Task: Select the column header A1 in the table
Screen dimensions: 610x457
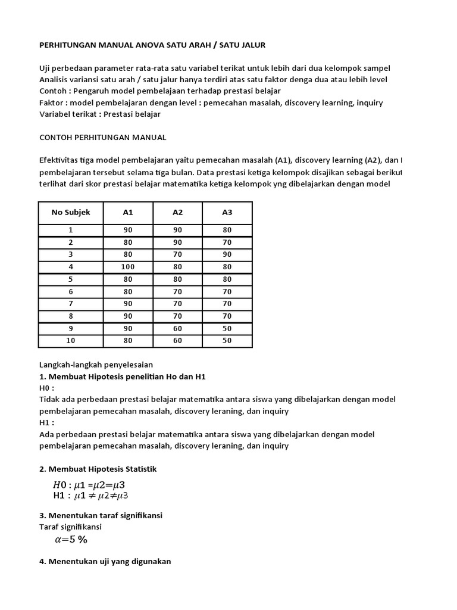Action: (128, 212)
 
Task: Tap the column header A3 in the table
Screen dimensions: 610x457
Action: (227, 212)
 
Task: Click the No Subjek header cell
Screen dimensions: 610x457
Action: (71, 212)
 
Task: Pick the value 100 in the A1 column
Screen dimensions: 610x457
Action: (128, 267)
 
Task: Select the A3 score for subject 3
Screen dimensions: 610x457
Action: (227, 254)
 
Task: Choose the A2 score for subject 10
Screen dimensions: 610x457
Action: (177, 341)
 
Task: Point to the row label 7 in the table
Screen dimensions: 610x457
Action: (71, 304)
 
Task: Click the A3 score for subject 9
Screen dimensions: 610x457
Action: (227, 329)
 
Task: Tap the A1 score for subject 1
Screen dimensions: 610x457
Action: (128, 230)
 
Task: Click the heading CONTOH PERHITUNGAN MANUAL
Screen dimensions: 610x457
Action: (102, 137)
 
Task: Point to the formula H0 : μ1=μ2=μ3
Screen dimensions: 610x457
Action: (90, 485)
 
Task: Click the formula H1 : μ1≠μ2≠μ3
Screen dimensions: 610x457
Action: (90, 495)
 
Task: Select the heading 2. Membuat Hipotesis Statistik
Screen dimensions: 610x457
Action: (98, 469)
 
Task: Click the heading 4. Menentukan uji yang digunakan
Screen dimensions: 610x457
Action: (105, 561)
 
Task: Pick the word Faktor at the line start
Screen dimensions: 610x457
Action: (52, 102)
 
